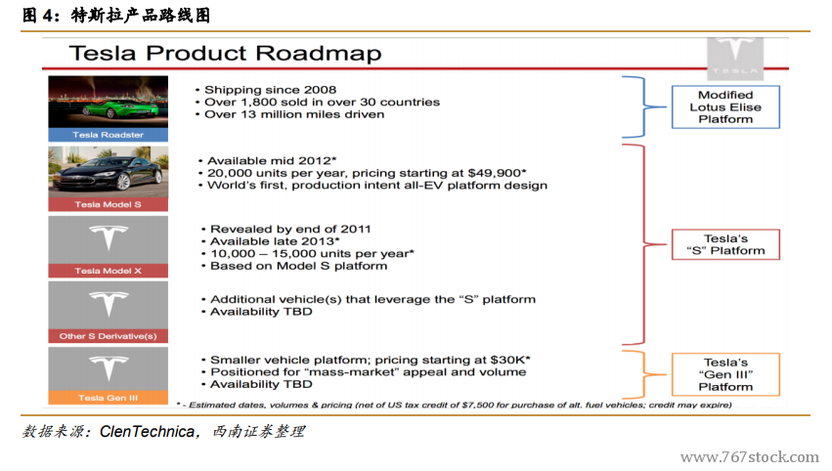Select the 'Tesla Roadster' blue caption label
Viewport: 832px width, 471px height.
[x=109, y=135]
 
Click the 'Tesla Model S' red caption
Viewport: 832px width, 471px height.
[x=109, y=204]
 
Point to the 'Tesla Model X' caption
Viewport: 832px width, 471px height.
[x=109, y=271]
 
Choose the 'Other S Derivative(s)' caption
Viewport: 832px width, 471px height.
[x=109, y=336]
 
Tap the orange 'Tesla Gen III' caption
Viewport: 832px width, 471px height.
[x=109, y=398]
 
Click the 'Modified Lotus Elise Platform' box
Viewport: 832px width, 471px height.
[x=725, y=107]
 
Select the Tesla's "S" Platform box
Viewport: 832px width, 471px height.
[x=725, y=244]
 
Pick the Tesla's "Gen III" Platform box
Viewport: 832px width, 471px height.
[x=725, y=374]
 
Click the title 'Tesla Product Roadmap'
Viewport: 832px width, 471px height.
[x=225, y=54]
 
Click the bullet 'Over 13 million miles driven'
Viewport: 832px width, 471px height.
[x=294, y=114]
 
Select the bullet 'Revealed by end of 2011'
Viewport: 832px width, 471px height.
[x=290, y=229]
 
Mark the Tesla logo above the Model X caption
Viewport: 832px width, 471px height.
[x=109, y=237]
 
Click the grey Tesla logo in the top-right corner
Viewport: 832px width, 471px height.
[x=735, y=58]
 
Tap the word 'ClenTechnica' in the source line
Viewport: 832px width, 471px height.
[x=147, y=432]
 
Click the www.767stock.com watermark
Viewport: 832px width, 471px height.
[x=749, y=457]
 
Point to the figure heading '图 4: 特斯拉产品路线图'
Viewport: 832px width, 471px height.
[x=116, y=15]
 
